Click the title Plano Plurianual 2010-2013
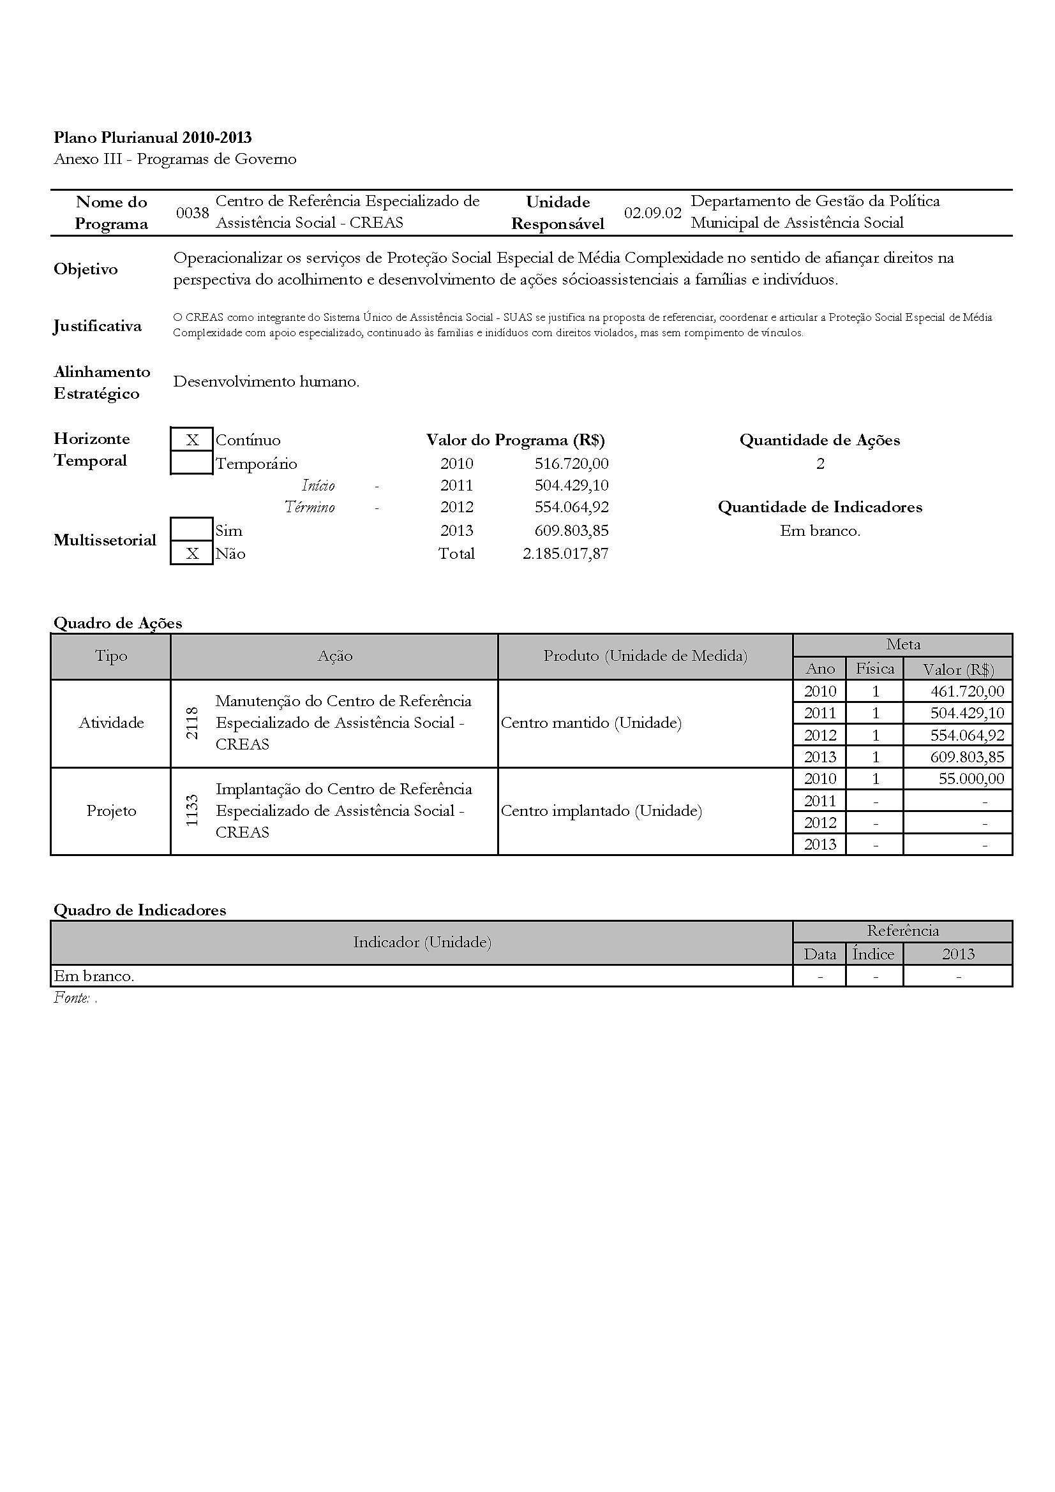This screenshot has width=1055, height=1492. coord(153,137)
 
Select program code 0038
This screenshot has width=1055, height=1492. coord(192,213)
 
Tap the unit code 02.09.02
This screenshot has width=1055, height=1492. coord(653,213)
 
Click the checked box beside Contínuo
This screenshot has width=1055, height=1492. coord(191,440)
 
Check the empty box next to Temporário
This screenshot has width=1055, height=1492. coord(191,464)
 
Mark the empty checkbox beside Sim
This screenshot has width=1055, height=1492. coord(191,529)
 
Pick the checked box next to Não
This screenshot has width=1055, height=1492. coord(191,554)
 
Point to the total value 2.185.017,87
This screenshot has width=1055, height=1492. coord(565,554)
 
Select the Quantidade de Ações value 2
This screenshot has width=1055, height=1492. coord(820,464)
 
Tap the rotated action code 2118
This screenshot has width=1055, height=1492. coord(192,723)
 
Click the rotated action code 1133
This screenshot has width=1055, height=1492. coord(192,811)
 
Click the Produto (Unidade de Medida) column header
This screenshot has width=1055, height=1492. coord(645,656)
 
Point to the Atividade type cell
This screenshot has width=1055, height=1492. coord(111,723)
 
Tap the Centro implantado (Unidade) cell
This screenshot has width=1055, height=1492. coord(601,811)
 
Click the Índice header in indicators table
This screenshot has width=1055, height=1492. coord(874,954)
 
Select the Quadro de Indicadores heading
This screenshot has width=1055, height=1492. coord(140,910)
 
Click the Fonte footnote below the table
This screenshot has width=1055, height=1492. coord(75,998)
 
